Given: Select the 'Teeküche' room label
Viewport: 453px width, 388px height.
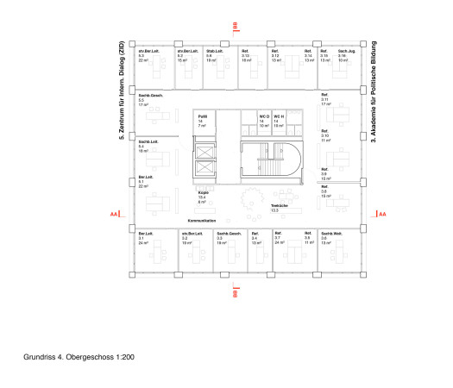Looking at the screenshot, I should (279, 205).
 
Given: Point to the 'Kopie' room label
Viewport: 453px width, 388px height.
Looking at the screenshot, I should (203, 193).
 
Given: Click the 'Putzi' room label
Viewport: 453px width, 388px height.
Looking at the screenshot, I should (202, 116).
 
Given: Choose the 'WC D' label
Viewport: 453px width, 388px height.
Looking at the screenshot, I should (264, 116).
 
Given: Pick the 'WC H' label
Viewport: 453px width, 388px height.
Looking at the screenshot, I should (279, 116).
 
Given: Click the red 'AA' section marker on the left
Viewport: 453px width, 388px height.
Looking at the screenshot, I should (113, 212).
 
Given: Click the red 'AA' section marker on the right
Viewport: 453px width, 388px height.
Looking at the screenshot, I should (383, 212).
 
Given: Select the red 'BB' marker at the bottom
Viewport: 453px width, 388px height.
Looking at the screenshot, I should (235, 293).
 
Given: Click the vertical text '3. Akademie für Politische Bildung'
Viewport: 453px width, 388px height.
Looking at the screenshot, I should (374, 96).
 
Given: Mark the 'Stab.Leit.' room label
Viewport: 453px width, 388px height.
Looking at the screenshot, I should (215, 52).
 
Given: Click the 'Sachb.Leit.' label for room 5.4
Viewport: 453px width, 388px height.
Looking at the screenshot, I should (148, 141).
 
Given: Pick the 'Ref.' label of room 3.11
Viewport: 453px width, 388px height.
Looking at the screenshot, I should (325, 94).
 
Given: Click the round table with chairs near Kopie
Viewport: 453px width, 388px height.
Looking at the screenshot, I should (252, 197).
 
